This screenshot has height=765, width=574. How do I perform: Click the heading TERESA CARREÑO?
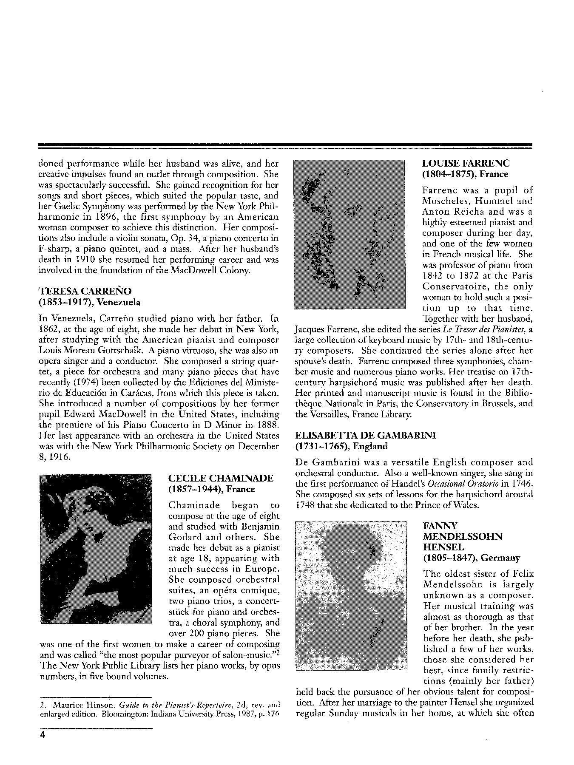tap(85, 292)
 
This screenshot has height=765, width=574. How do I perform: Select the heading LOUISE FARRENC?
tap(466, 164)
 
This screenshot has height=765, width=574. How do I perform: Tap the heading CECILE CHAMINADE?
tap(221, 478)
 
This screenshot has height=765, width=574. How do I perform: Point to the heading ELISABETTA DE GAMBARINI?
tap(366, 436)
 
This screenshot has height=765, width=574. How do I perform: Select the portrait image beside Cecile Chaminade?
tap(96, 549)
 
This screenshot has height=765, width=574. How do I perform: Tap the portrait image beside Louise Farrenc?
tap(349, 234)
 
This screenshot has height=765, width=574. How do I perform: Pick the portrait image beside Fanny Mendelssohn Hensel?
tap(351, 595)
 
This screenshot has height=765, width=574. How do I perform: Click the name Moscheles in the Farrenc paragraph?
tap(444, 201)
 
